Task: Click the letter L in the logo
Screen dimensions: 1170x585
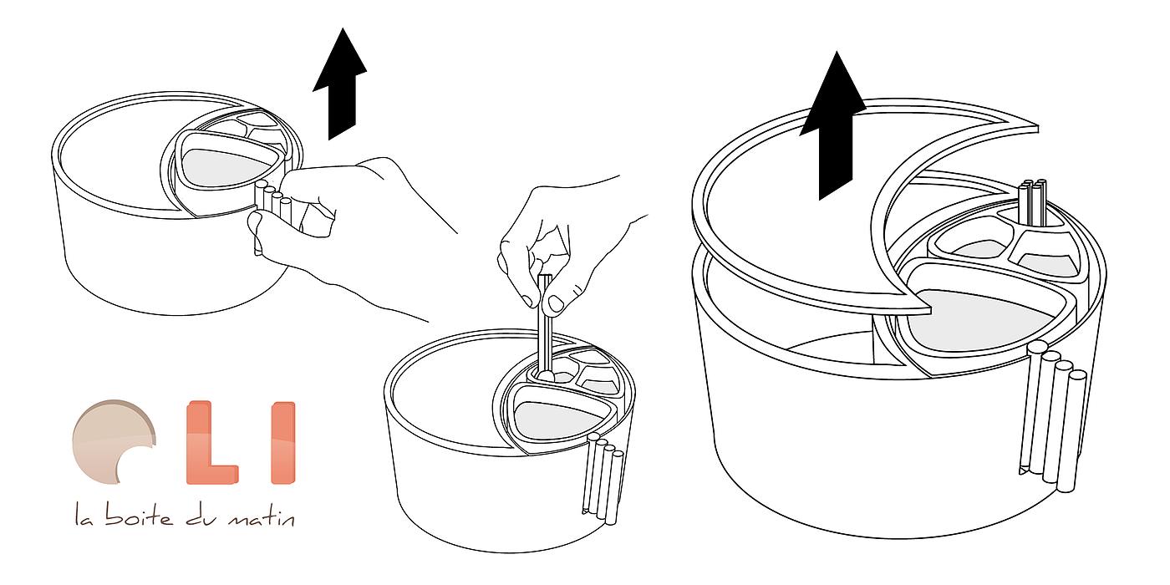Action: pos(211,442)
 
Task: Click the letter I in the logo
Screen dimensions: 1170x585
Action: pos(283,442)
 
